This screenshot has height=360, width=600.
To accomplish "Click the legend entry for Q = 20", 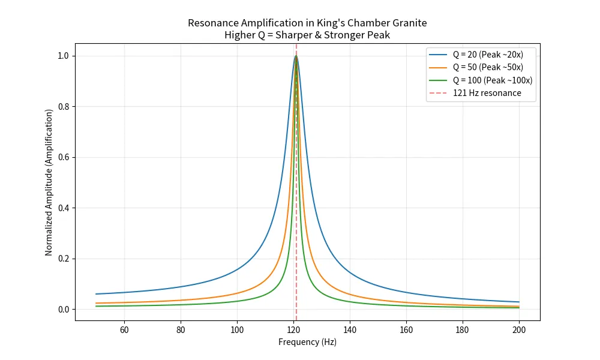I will coord(487,54).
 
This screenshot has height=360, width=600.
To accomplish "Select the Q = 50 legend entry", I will coord(487,67).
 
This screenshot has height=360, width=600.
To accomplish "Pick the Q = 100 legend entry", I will coord(492,80).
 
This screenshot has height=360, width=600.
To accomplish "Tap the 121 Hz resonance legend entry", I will coord(487,93).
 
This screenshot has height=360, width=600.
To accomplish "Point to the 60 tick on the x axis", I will coord(124,330).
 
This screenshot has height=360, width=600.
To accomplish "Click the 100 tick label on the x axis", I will coord(237,330).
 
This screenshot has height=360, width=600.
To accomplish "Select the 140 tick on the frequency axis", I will coord(350,330).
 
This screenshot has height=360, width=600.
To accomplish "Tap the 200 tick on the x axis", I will coord(519,330).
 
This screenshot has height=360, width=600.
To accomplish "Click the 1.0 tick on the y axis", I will coord(62,56).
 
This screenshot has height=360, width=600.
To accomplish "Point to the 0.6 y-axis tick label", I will coord(62,157).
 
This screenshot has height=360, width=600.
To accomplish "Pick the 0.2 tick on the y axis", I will coord(62,259).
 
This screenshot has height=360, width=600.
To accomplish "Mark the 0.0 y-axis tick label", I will coord(62,310).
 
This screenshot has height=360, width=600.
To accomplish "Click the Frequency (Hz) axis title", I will coord(307,342).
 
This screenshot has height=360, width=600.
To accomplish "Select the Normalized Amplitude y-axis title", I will coord(49,182).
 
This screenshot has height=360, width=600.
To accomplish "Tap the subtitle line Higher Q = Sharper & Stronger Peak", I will coord(307,35).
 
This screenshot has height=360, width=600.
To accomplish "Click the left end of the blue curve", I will coord(96,294).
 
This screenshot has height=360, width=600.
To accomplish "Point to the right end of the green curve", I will coord(519,308).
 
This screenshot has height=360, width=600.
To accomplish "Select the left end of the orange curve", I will coord(96,303).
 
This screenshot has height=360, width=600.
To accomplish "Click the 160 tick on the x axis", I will coord(406,330).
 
